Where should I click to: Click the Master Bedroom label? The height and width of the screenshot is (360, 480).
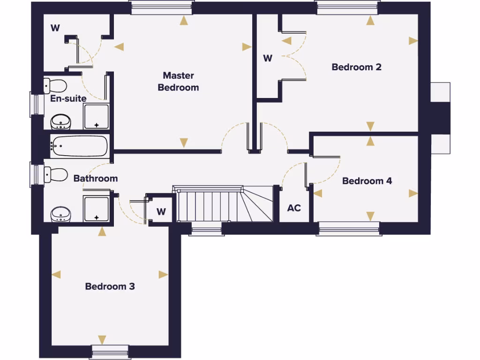(x=178, y=82)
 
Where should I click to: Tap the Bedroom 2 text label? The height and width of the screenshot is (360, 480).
(x=356, y=67)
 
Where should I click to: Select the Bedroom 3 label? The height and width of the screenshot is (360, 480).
(x=110, y=286)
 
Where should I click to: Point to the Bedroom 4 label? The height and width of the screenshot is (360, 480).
(x=367, y=181)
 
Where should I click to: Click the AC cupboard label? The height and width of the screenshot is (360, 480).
(x=294, y=208)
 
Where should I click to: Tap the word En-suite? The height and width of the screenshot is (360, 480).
(x=68, y=99)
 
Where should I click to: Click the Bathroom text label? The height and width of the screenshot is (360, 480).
(x=96, y=179)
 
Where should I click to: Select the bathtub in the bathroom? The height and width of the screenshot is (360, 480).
(x=79, y=146)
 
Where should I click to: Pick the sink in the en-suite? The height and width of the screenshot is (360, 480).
(x=60, y=122)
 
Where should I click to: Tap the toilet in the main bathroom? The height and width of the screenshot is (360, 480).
(x=55, y=175)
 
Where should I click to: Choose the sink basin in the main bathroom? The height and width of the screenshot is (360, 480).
(x=60, y=214)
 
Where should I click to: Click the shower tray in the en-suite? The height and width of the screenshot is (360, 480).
(x=96, y=117)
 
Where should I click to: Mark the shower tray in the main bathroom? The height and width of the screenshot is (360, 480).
(x=96, y=209)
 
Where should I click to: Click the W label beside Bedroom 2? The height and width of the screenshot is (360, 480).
(x=267, y=59)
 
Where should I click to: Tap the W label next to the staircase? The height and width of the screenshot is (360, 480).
(x=161, y=212)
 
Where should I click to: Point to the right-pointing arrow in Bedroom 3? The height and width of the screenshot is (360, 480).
(x=163, y=275)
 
